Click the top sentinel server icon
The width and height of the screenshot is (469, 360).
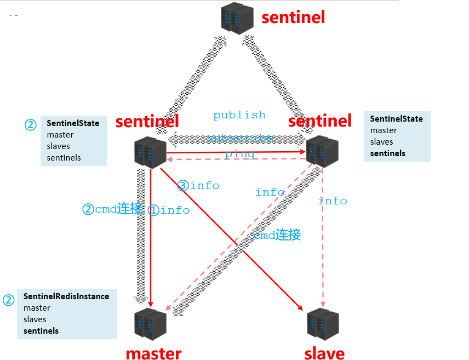pos(237,19)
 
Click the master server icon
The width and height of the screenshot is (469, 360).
pos(150,324)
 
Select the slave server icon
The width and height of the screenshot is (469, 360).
pos(323,324)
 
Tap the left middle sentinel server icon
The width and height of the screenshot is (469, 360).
pos(150,152)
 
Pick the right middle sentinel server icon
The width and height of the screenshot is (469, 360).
pos(322,152)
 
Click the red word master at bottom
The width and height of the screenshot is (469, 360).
pos(153,353)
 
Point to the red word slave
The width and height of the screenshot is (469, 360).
pos(324,353)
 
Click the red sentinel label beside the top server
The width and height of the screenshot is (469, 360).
pos(293,17)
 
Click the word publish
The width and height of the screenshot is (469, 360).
pos(239,115)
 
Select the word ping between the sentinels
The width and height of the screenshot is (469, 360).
pos(239,155)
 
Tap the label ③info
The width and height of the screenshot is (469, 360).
pos(198,186)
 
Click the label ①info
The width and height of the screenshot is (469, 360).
pos(169,210)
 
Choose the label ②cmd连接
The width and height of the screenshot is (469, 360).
pos(112,209)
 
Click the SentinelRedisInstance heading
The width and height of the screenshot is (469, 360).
pos(66,296)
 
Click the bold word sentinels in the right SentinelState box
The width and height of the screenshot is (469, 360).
pos(388,153)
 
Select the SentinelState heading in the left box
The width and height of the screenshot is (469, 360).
pos(73,123)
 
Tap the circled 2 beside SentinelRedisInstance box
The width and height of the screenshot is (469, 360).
pos(8,300)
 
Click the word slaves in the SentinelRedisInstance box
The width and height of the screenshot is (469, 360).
pos(35,319)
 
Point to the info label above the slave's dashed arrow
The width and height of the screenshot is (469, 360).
pos(333,201)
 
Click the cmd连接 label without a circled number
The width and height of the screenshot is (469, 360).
pos(277,236)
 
